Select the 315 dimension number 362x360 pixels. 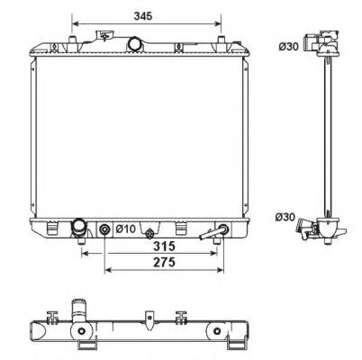point(162,245)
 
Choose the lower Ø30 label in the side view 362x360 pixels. point(285,216)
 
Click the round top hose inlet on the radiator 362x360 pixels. point(135,43)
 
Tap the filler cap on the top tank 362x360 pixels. point(108,36)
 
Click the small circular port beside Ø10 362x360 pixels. point(106,230)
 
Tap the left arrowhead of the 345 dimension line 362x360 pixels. point(74,22)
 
